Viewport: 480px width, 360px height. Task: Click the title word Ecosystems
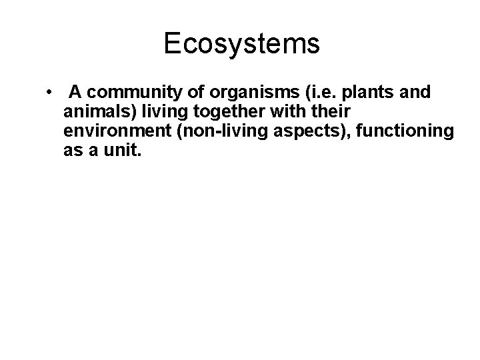pyautogui.click(x=241, y=44)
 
